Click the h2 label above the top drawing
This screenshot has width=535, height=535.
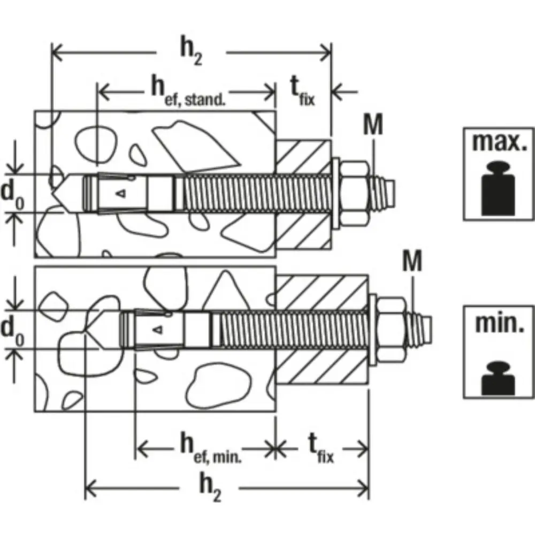[191, 53]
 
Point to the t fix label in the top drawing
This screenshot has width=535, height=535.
[303, 91]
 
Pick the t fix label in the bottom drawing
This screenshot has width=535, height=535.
[320, 449]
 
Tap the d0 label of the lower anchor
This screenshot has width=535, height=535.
[13, 332]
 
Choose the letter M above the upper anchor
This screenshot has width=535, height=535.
[373, 124]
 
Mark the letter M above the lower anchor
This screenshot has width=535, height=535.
[412, 261]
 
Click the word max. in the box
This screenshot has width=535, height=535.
[499, 142]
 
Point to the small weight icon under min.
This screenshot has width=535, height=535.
[498, 378]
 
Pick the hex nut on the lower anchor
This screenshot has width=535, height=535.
[392, 330]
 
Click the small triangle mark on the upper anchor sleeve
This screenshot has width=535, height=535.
[121, 194]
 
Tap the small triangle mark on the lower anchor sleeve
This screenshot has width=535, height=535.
[158, 330]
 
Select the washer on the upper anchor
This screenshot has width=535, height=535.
[335, 193]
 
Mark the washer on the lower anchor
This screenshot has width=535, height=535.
[372, 329]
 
